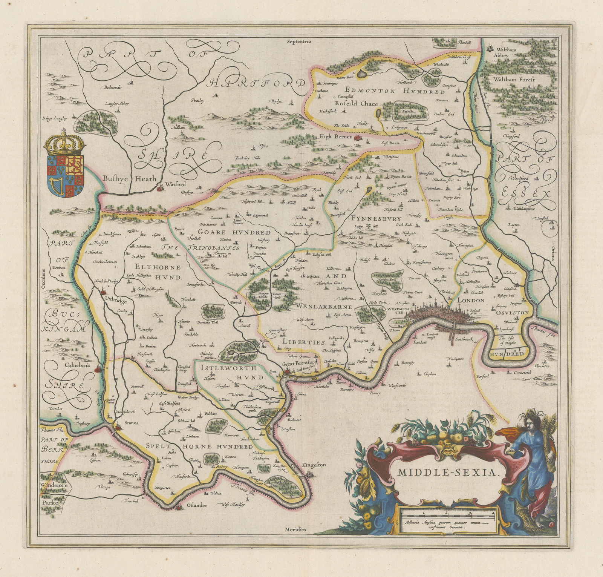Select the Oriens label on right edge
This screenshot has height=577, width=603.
553,252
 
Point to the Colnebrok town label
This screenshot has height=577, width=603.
66,365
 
